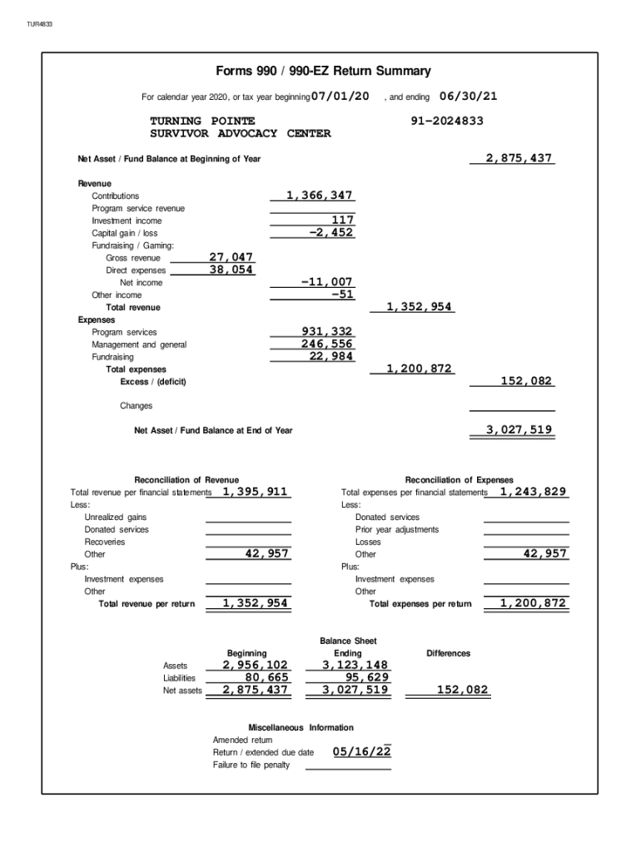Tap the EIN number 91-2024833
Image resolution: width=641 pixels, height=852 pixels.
pyautogui.click(x=447, y=121)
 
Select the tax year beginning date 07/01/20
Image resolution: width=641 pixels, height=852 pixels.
pyautogui.click(x=340, y=97)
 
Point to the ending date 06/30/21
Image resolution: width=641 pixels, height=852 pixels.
pyautogui.click(x=468, y=97)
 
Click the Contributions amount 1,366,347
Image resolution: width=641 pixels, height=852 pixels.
pyautogui.click(x=319, y=196)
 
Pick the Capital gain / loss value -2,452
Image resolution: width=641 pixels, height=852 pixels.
pyautogui.click(x=330, y=233)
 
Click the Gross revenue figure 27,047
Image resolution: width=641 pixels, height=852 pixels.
pyautogui.click(x=231, y=258)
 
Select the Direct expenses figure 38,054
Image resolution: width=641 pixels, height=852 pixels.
pyautogui.click(x=231, y=270)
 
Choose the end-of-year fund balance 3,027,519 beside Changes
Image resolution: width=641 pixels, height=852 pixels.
pyautogui.click(x=519, y=430)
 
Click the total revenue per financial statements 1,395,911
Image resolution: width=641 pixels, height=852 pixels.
pyautogui.click(x=255, y=492)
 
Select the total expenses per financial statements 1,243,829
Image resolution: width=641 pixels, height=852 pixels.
pyautogui.click(x=533, y=492)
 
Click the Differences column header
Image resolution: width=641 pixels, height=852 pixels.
pyautogui.click(x=448, y=653)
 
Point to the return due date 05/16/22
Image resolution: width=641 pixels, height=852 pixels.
pyautogui.click(x=361, y=752)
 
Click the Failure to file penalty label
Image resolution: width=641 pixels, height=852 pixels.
pyautogui.click(x=251, y=765)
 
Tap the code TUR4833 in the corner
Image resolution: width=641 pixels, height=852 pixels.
pyautogui.click(x=39, y=24)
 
